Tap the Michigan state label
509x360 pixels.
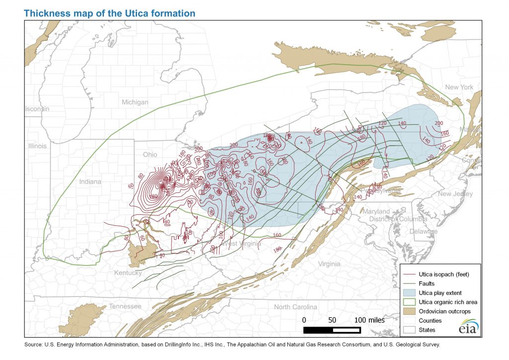pyautogui.click(x=135, y=102)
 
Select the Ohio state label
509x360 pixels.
pyautogui.click(x=150, y=155)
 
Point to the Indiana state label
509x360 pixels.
pyautogui.click(x=90, y=182)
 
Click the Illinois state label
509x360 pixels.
pyautogui.click(x=37, y=146)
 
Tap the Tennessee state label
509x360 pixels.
pyautogui.click(x=125, y=306)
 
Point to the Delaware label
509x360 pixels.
pyautogui.click(x=423, y=232)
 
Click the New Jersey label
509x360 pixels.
pyautogui.click(x=455, y=194)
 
